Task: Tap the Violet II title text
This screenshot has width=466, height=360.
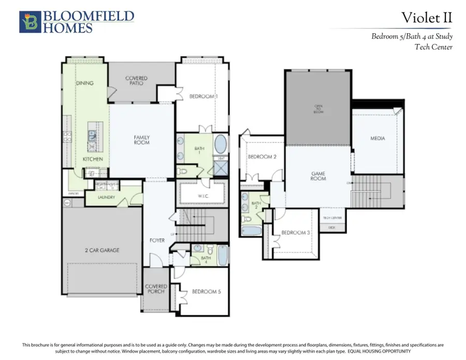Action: (427, 18)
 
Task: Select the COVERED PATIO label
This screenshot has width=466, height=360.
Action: (136, 80)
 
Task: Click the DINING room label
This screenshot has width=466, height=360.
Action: (84, 83)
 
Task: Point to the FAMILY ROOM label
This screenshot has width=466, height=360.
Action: (141, 140)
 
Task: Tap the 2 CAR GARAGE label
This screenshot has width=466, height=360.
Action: (102, 250)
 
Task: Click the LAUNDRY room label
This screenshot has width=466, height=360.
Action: (106, 197)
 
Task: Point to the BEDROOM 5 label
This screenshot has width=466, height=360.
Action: (206, 292)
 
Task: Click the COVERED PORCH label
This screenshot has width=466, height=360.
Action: (156, 289)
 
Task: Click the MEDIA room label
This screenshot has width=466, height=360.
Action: (377, 139)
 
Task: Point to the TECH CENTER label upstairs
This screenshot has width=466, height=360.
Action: (332, 218)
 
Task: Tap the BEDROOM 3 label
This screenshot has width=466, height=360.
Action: (295, 233)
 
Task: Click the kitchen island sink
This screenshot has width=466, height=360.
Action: (92, 136)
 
